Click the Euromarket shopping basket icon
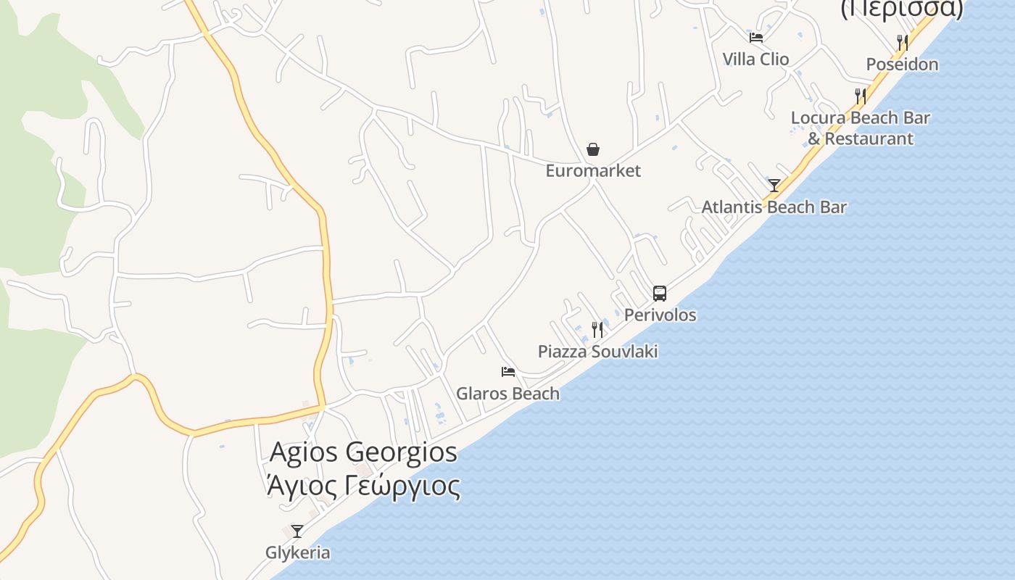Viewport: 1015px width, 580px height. point(593,149)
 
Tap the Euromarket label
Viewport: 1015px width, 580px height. point(593,171)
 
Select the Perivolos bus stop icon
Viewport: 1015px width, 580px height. point(660,293)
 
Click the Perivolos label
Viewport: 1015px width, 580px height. point(660,315)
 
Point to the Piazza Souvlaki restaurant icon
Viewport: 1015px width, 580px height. point(597,330)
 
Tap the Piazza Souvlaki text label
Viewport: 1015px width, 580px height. point(597,352)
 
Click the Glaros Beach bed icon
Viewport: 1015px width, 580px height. point(508,372)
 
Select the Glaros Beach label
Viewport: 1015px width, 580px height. point(507,394)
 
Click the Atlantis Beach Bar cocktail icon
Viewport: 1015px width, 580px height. point(774,185)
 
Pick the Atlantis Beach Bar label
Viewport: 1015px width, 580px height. point(774,207)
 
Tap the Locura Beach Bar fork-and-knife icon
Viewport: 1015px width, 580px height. point(861,96)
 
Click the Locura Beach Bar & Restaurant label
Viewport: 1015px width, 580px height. point(861,128)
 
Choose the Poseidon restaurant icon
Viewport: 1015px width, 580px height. point(903,42)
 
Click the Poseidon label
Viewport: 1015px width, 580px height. point(902,65)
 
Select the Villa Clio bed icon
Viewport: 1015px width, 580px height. point(756,37)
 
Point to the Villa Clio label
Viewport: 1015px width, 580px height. point(755,59)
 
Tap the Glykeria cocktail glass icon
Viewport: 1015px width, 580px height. point(297,531)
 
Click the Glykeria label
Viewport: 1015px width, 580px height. point(297,552)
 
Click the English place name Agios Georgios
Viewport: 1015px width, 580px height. point(363,452)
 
